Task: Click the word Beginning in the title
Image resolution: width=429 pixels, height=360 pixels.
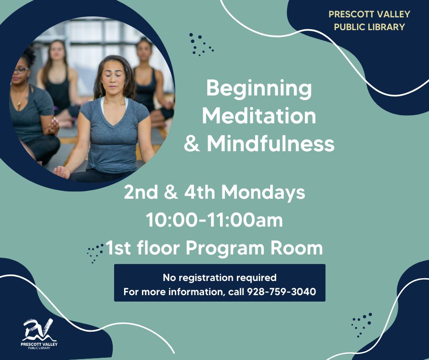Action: [259, 89]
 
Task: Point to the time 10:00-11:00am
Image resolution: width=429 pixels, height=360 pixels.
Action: [214, 220]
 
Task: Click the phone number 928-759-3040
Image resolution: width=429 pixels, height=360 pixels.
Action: [281, 291]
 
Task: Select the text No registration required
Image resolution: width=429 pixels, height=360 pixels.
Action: [220, 277]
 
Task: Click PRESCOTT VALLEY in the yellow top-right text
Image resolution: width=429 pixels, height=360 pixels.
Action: [369, 14]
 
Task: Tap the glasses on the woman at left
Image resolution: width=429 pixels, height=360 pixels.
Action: [21, 69]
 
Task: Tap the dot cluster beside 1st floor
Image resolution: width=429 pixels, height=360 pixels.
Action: [95, 253]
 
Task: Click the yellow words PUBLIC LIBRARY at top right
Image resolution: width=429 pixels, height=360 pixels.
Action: [369, 27]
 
